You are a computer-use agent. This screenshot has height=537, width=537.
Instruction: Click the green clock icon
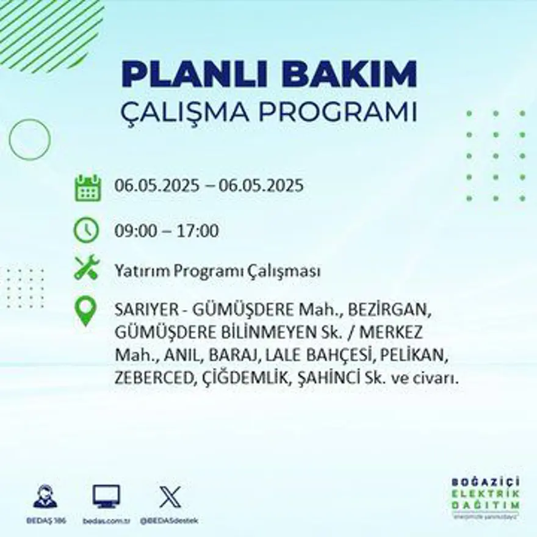pyautogui.click(x=86, y=230)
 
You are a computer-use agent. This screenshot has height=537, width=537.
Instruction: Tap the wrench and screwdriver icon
pyautogui.click(x=86, y=268)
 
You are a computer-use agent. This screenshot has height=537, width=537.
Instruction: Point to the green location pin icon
pyautogui.click(x=86, y=310)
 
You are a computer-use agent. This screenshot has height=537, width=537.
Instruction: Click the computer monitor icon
pyautogui.click(x=106, y=496)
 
